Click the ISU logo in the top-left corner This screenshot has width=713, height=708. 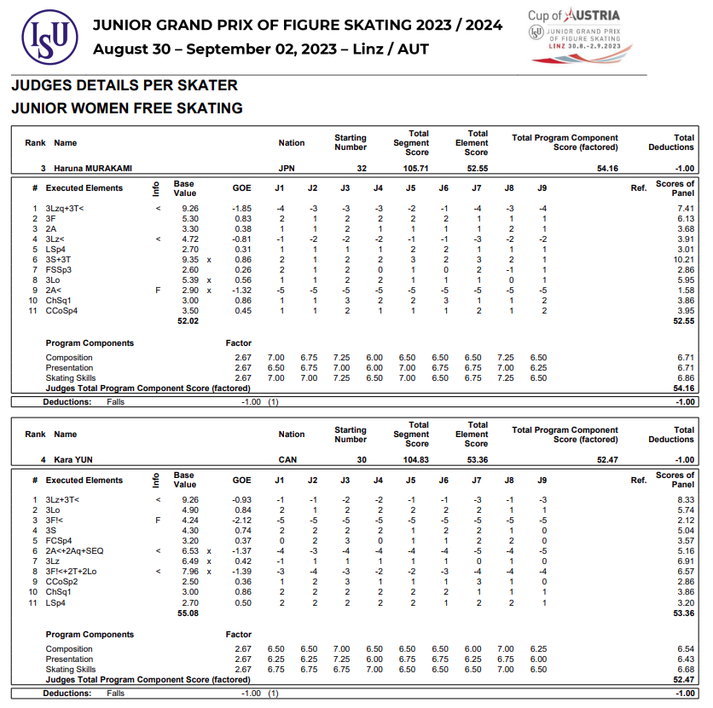[43, 37]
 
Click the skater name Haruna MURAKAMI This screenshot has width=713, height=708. [93, 169]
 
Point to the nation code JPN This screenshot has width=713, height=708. [287, 169]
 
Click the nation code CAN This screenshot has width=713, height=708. [287, 460]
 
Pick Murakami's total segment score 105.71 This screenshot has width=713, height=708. [416, 169]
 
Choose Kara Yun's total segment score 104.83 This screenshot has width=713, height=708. [416, 460]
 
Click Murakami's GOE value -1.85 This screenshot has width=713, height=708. [241, 209]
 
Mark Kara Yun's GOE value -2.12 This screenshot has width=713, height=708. [241, 520]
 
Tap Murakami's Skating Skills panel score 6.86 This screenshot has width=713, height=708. [685, 377]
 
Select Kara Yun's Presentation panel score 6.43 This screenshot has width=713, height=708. [685, 659]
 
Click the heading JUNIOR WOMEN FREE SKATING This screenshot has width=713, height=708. [126, 108]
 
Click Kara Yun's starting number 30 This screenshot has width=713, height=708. [362, 460]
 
